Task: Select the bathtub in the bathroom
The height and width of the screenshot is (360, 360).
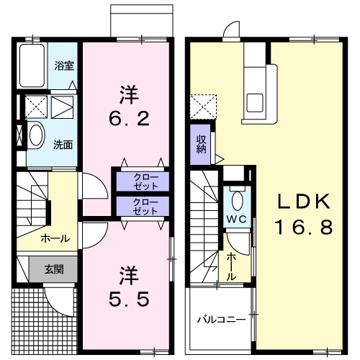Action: (32, 66)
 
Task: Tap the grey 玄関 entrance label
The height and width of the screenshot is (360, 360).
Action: (53, 270)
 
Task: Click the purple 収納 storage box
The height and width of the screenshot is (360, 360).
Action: (202, 144)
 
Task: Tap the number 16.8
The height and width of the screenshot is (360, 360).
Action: (303, 229)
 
